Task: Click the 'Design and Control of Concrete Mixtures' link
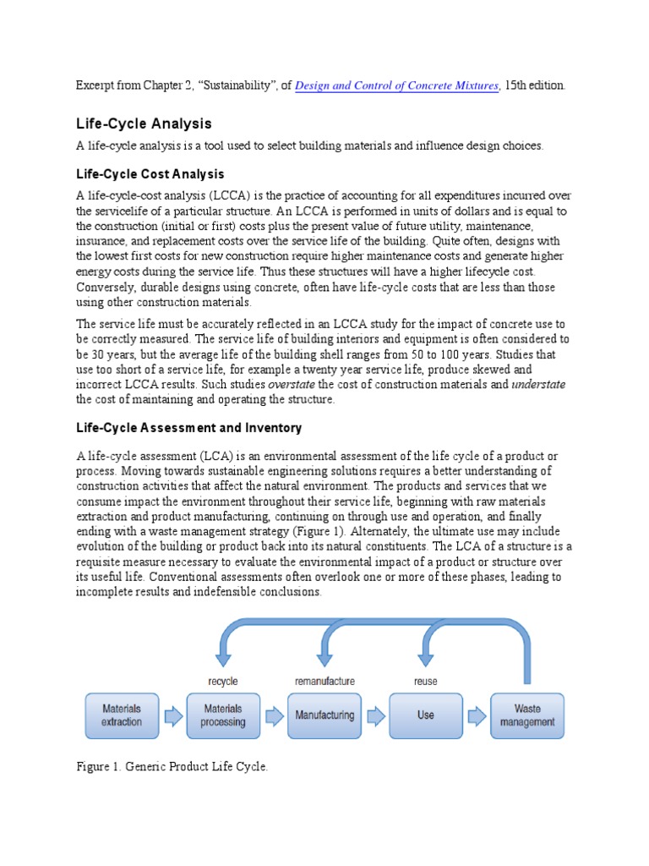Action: [x=397, y=85]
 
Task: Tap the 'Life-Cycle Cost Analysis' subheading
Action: [x=150, y=174]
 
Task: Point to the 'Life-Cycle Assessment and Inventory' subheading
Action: [x=189, y=428]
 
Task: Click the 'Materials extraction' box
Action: [x=122, y=715]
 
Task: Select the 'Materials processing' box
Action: [x=222, y=715]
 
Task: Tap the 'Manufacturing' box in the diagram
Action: [x=324, y=715]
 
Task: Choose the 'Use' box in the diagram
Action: [x=425, y=715]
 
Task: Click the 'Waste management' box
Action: [x=527, y=715]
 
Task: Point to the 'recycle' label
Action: [x=222, y=681]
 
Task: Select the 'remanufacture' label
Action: [x=324, y=681]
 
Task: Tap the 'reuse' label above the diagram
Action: [x=425, y=681]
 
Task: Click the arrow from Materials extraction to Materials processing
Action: [x=172, y=716]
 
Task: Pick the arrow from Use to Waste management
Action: [x=477, y=716]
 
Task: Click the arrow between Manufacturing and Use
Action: [x=374, y=716]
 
